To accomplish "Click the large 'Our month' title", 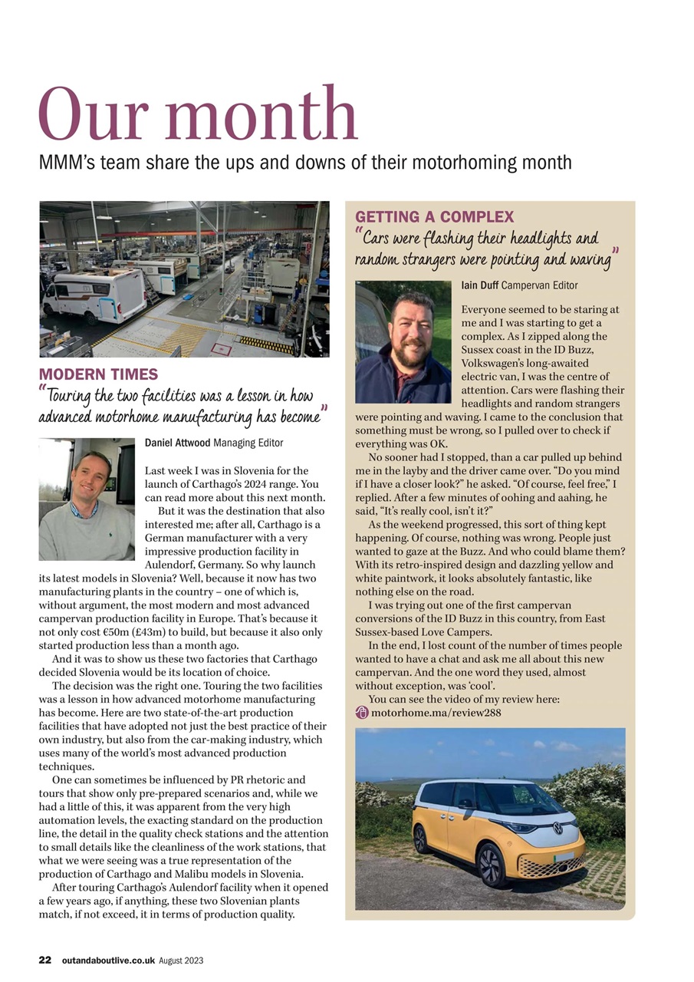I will click(x=198, y=115).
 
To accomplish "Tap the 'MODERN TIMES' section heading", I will click(x=98, y=374).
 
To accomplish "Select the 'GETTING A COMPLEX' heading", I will click(x=434, y=217).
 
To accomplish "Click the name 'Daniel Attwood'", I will click(x=177, y=443).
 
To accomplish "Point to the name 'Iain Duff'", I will click(x=479, y=285).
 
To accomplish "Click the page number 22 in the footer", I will click(x=45, y=960).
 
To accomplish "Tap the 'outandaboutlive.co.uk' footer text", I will click(x=109, y=961).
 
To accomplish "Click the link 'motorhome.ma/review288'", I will click(x=436, y=713).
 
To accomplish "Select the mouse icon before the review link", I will click(x=362, y=713).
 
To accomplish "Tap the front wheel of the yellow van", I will click(x=490, y=865).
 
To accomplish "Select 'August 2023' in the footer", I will click(x=181, y=961).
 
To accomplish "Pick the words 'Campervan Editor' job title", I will click(x=539, y=285).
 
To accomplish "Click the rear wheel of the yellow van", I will click(x=421, y=839).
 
